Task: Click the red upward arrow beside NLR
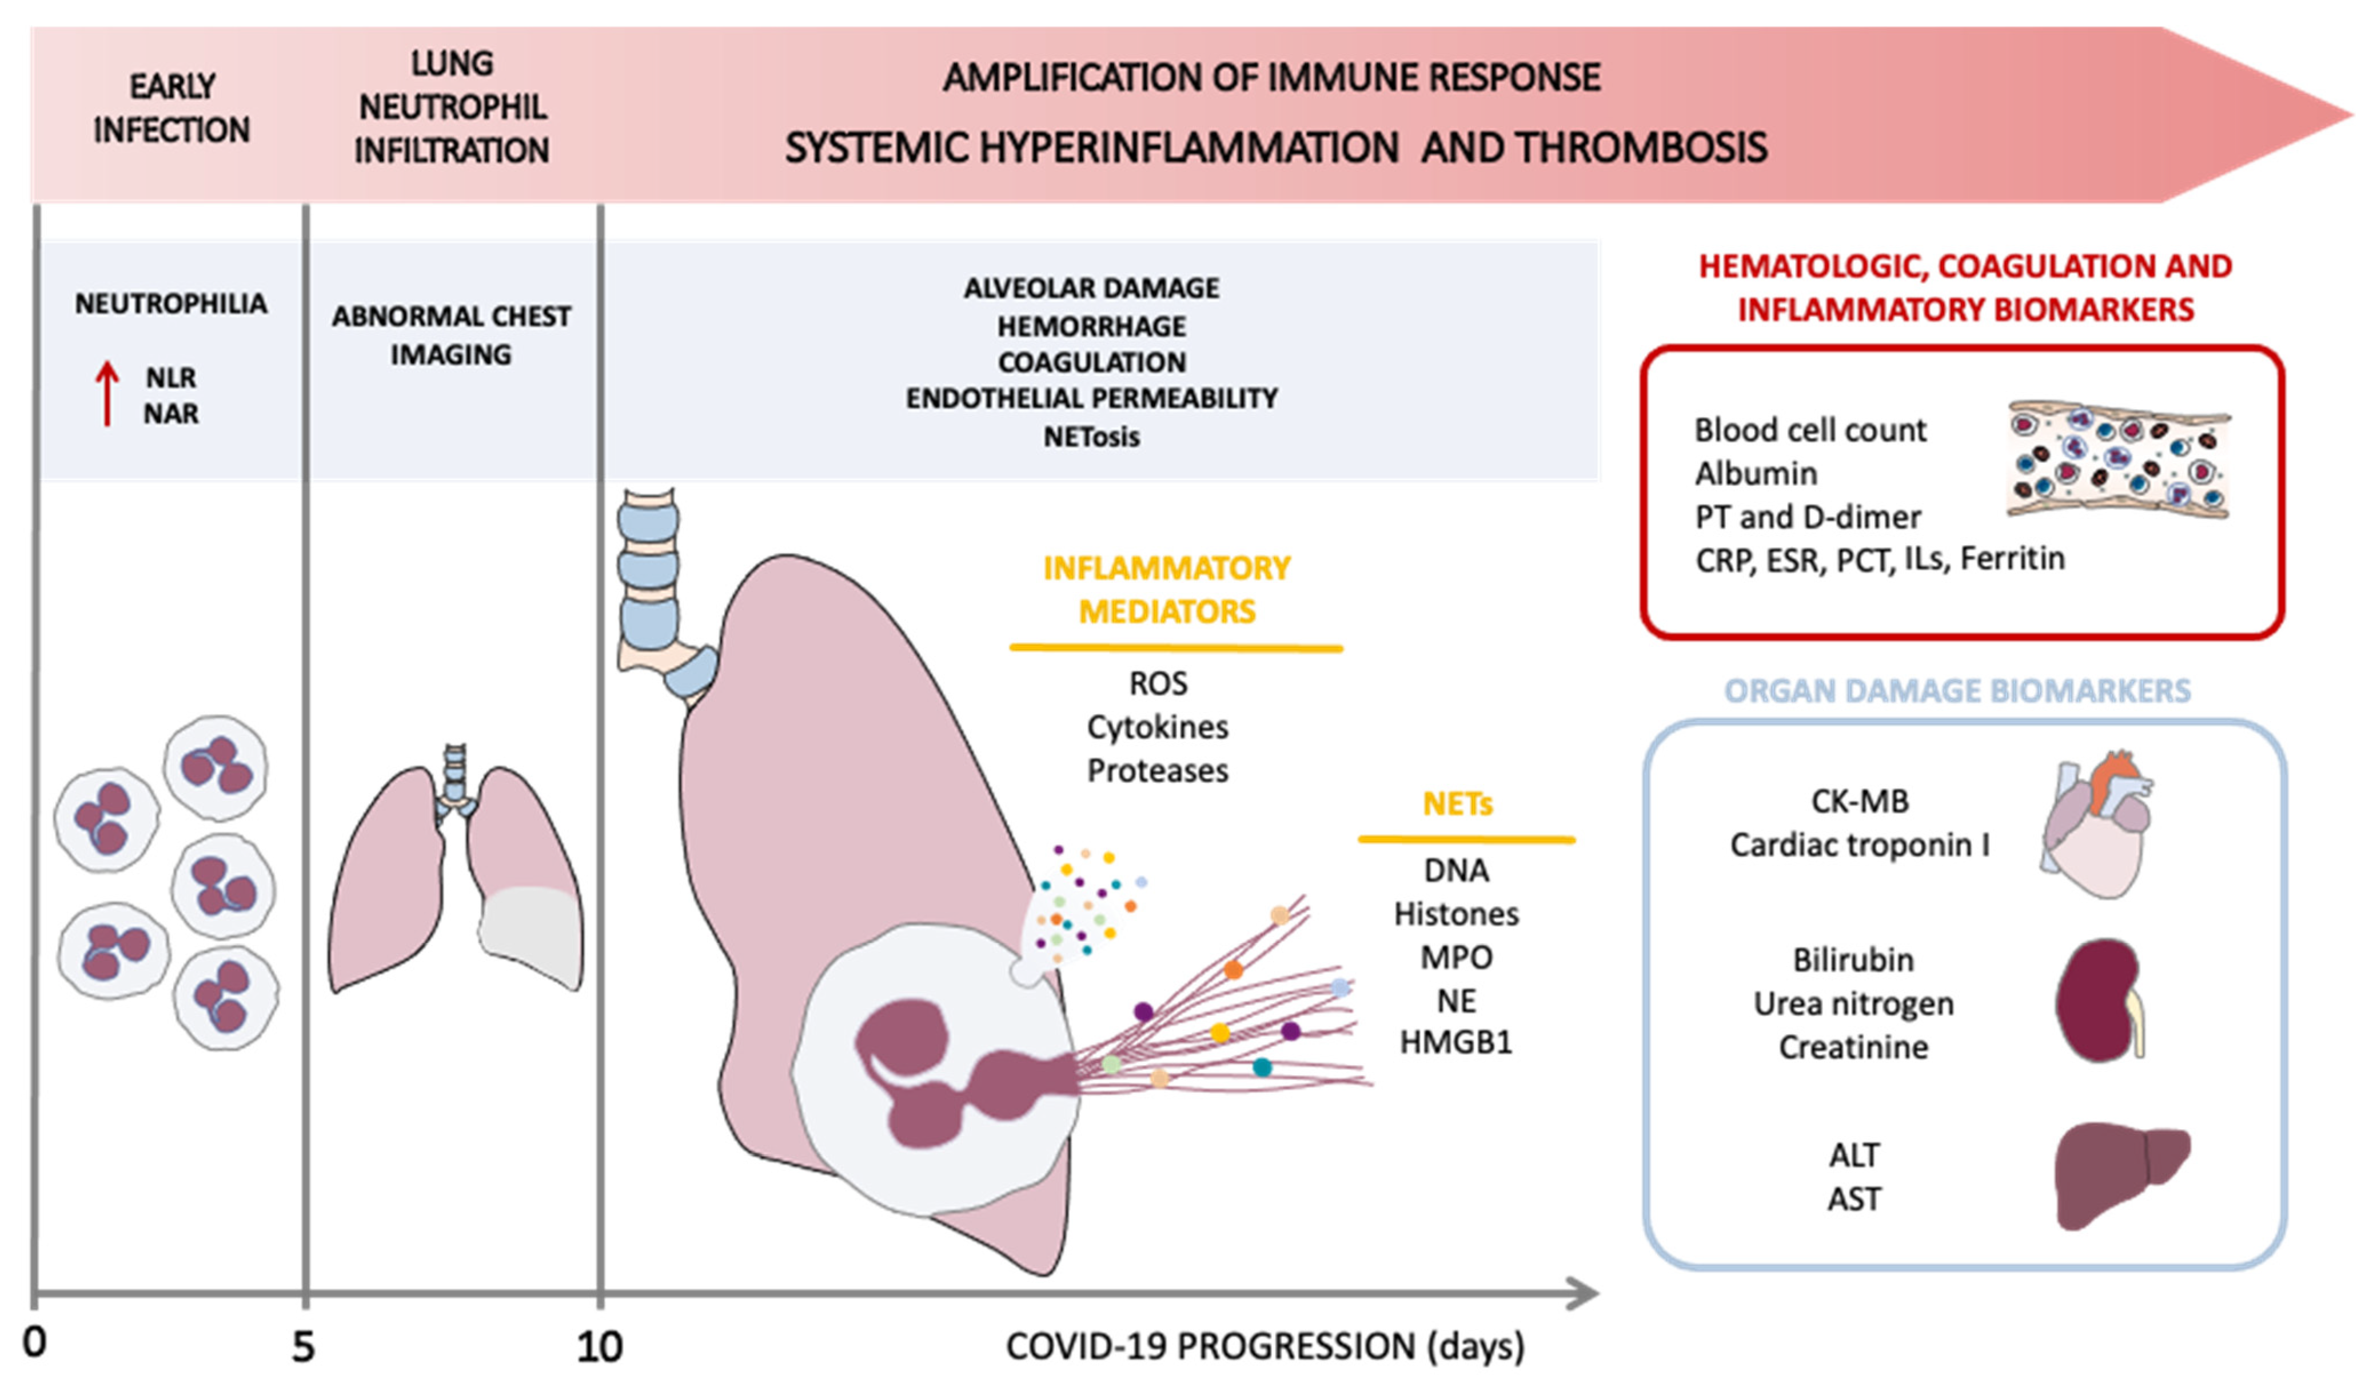tap(107, 394)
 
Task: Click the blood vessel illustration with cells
tap(2118, 461)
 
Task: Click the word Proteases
tap(1157, 771)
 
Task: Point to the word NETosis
tap(1091, 437)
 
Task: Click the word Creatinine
tap(1853, 1047)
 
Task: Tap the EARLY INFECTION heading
tap(172, 108)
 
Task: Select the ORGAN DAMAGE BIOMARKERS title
tap(1957, 690)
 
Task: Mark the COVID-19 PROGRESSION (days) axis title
tap(1265, 1346)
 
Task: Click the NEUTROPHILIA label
tap(170, 303)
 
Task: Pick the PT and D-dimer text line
tap(1807, 517)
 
